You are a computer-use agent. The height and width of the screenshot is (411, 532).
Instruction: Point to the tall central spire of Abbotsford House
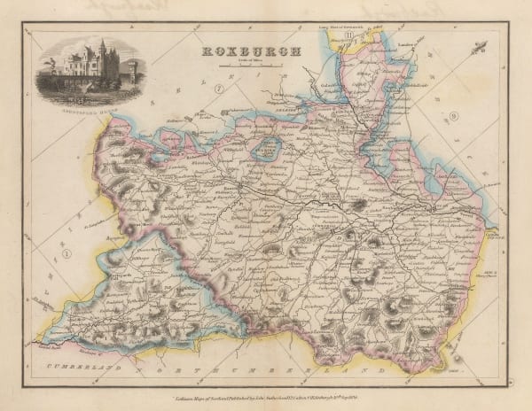[x=102, y=50]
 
